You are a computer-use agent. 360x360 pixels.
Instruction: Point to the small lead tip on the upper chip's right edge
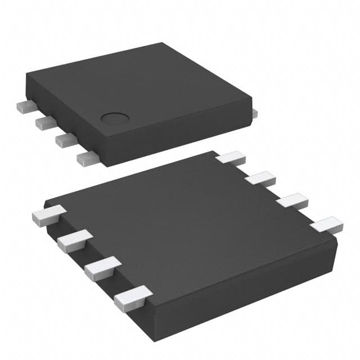[255, 113]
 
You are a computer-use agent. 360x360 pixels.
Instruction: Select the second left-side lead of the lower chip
[74, 241]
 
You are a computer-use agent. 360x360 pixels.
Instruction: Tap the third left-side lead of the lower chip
[102, 268]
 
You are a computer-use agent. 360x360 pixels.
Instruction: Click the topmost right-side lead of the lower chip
[230, 157]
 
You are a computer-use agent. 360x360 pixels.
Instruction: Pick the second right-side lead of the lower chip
[260, 179]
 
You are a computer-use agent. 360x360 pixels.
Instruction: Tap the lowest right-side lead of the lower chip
[326, 226]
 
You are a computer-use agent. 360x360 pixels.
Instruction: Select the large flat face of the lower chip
[186, 225]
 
